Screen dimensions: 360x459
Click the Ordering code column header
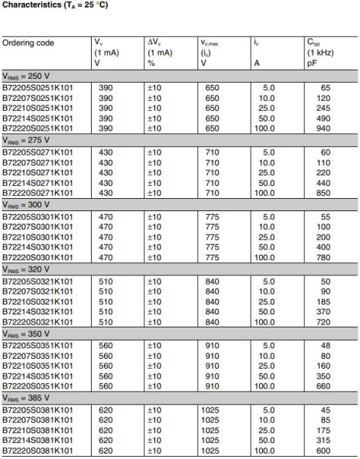28,43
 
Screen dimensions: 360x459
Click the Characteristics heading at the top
63,7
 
